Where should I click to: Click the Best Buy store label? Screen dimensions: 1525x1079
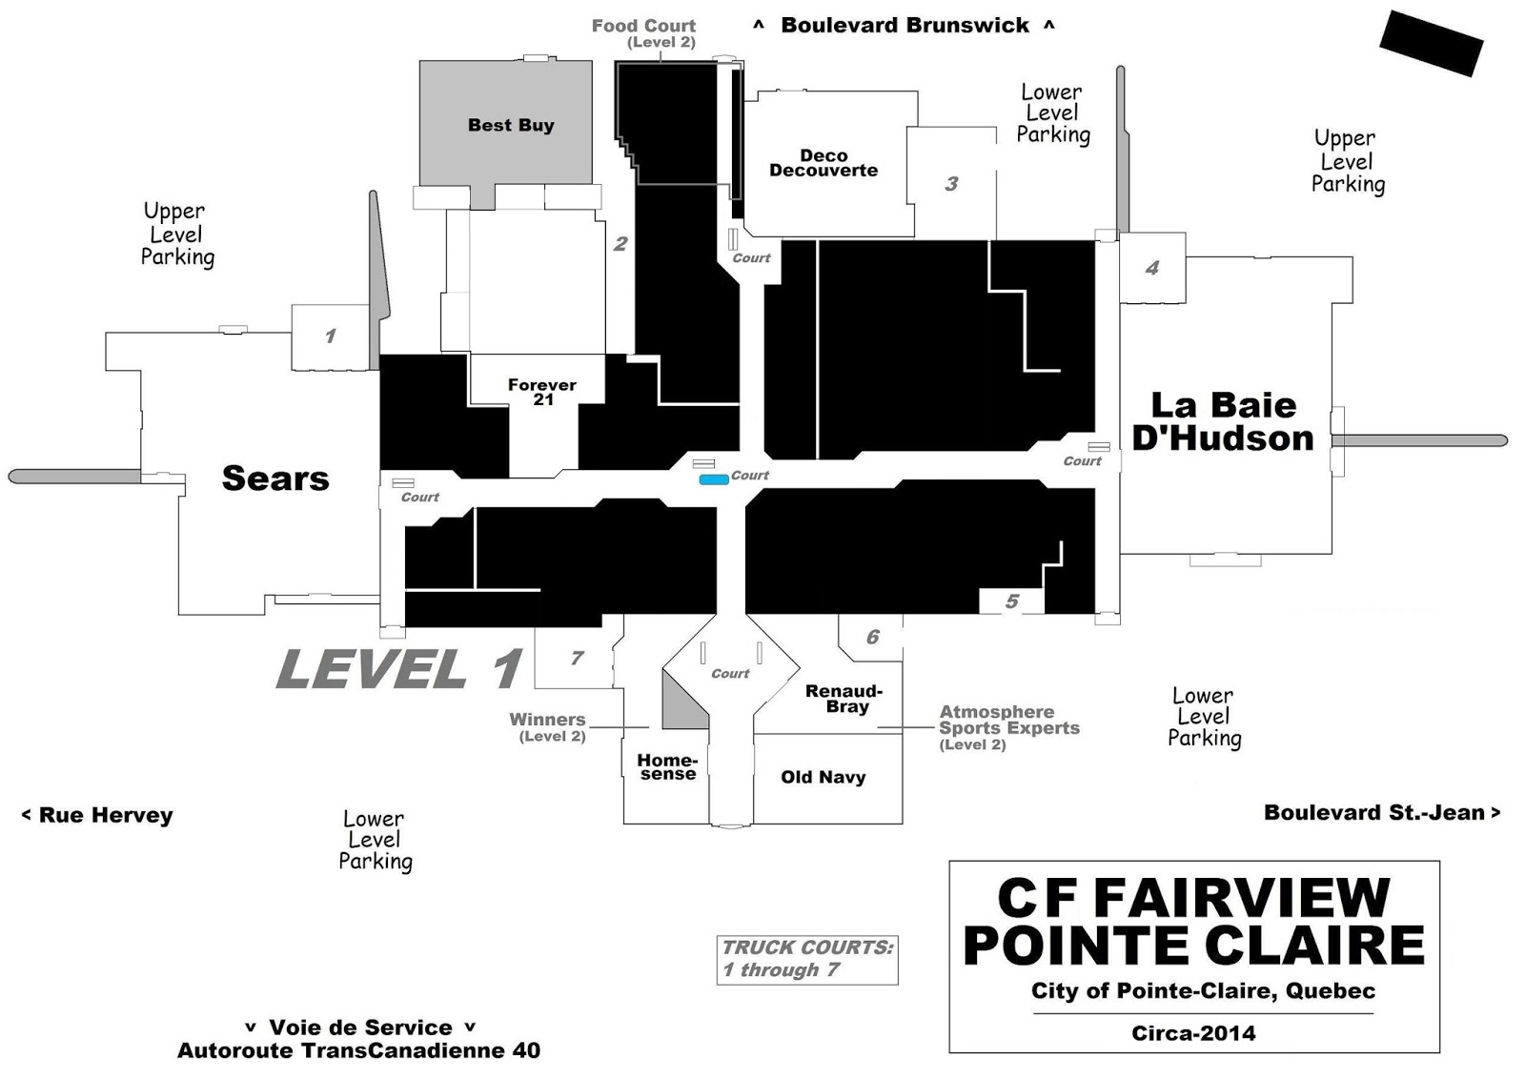coord(511,125)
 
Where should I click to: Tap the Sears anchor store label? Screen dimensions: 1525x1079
coord(275,478)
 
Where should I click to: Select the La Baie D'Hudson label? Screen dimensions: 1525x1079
coord(1223,422)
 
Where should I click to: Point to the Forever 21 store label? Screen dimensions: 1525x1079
coord(542,392)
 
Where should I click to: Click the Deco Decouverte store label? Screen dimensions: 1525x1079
coord(823,163)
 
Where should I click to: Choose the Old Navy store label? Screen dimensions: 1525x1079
coord(823,777)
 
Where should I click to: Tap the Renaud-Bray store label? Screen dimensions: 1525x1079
coord(844,699)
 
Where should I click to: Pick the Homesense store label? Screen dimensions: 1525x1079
coord(668,766)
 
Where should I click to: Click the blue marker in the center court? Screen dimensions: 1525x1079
coord(714,480)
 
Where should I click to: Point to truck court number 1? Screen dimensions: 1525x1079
coord(331,336)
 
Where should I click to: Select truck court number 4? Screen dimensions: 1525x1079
coord(1152,268)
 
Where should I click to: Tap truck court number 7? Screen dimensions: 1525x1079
coord(578,658)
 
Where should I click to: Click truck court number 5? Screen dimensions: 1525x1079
coord(1012,601)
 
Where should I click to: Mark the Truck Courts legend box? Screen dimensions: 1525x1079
coord(807,960)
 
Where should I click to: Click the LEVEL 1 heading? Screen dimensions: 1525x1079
coord(399,668)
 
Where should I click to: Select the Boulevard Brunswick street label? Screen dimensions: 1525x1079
coord(905,25)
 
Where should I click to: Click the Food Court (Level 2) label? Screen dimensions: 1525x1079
coord(644,33)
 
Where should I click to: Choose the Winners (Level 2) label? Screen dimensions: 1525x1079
coord(548,727)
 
